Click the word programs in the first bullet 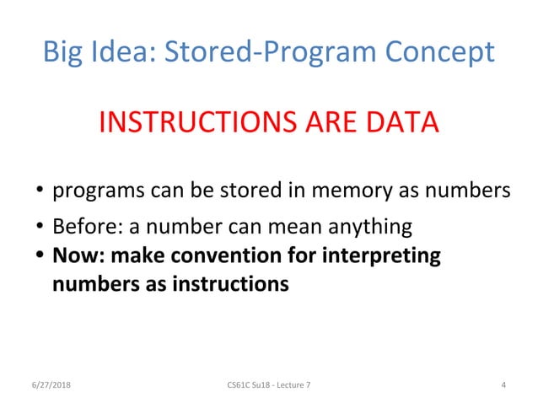coord(91,192)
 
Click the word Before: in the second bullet coord(83,228)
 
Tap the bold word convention coord(221,255)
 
